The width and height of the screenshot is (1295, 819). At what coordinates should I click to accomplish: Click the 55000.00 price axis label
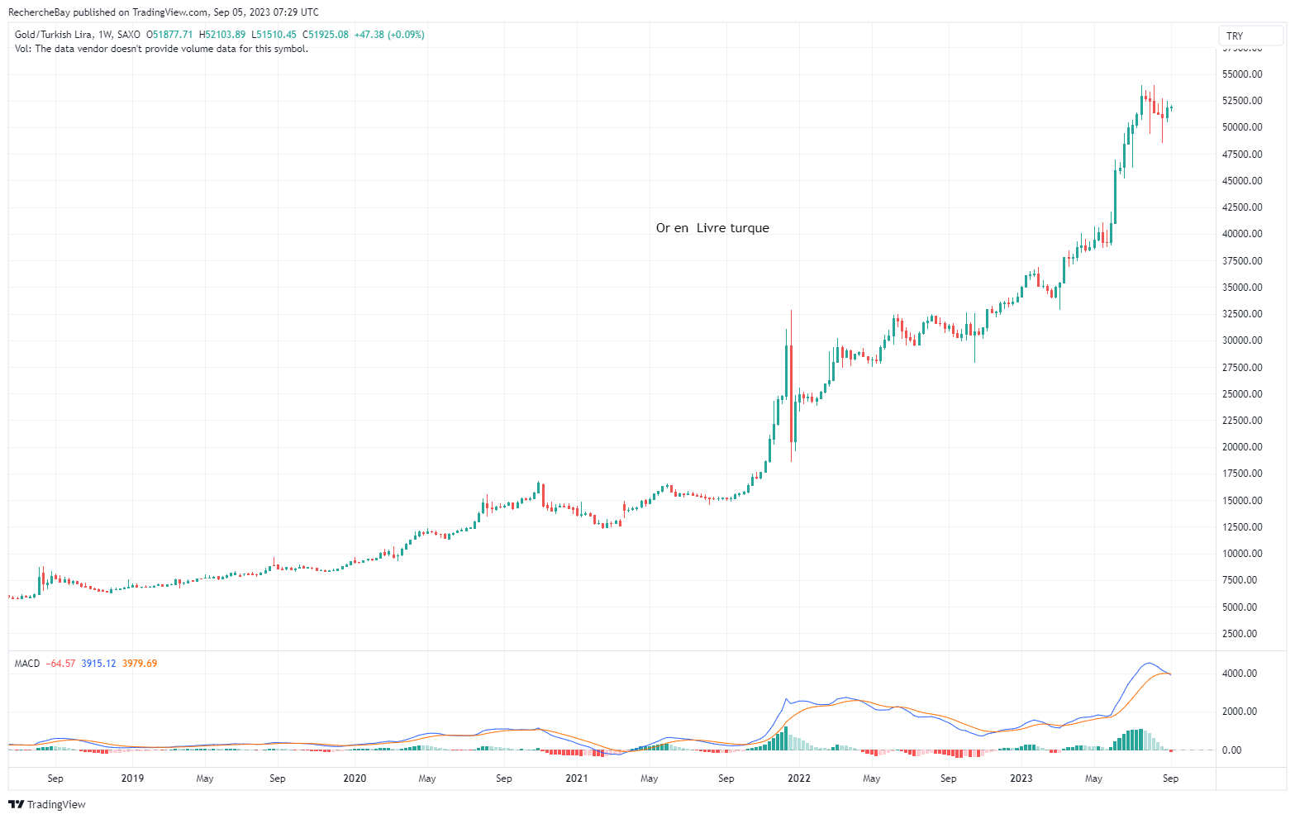tap(1241, 74)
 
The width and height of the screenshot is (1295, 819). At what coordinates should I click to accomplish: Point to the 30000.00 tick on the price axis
tap(1241, 340)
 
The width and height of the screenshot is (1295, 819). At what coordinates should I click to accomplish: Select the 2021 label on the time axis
tap(577, 779)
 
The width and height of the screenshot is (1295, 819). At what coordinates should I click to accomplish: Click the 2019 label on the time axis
tap(132, 779)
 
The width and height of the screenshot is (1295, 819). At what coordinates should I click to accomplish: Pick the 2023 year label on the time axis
tap(1021, 779)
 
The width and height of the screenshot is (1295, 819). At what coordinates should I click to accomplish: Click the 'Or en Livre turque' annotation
tap(712, 228)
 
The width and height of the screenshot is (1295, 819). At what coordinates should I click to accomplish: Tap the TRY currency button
tap(1235, 36)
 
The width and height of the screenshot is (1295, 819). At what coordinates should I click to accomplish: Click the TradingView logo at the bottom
tap(47, 804)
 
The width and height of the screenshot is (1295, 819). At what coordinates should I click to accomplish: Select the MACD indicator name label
tap(27, 664)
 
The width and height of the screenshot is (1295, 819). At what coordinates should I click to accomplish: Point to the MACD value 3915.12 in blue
tap(98, 664)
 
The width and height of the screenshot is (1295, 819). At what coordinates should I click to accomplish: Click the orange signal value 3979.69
tap(140, 664)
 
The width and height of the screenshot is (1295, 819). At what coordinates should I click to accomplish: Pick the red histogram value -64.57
tap(61, 664)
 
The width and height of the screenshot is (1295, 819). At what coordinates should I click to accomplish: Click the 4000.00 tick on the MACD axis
tap(1241, 674)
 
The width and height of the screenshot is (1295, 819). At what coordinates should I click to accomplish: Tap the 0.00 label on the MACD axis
tap(1231, 750)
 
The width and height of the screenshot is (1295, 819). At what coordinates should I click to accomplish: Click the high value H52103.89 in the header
tap(221, 35)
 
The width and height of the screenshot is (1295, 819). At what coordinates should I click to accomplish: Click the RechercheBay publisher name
tap(39, 12)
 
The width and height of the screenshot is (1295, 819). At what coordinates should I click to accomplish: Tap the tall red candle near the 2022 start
tap(791, 393)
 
